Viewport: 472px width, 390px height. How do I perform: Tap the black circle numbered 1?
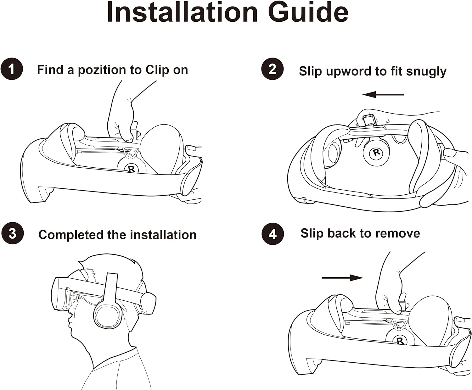[x=12, y=69]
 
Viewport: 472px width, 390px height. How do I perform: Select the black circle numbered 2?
[x=273, y=69]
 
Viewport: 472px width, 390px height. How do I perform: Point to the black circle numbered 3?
[x=13, y=233]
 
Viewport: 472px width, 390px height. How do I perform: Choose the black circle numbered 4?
[x=273, y=234]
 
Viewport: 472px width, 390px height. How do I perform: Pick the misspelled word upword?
[x=349, y=71]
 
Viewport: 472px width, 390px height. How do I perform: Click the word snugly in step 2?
[x=426, y=72]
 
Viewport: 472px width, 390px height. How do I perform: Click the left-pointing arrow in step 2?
[x=383, y=94]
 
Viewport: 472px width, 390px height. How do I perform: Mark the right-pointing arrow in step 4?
[x=342, y=278]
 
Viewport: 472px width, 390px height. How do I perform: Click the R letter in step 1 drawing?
[x=131, y=169]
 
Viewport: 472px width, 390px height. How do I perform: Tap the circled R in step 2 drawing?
[x=376, y=153]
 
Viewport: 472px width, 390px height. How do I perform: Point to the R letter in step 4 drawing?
[x=400, y=341]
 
